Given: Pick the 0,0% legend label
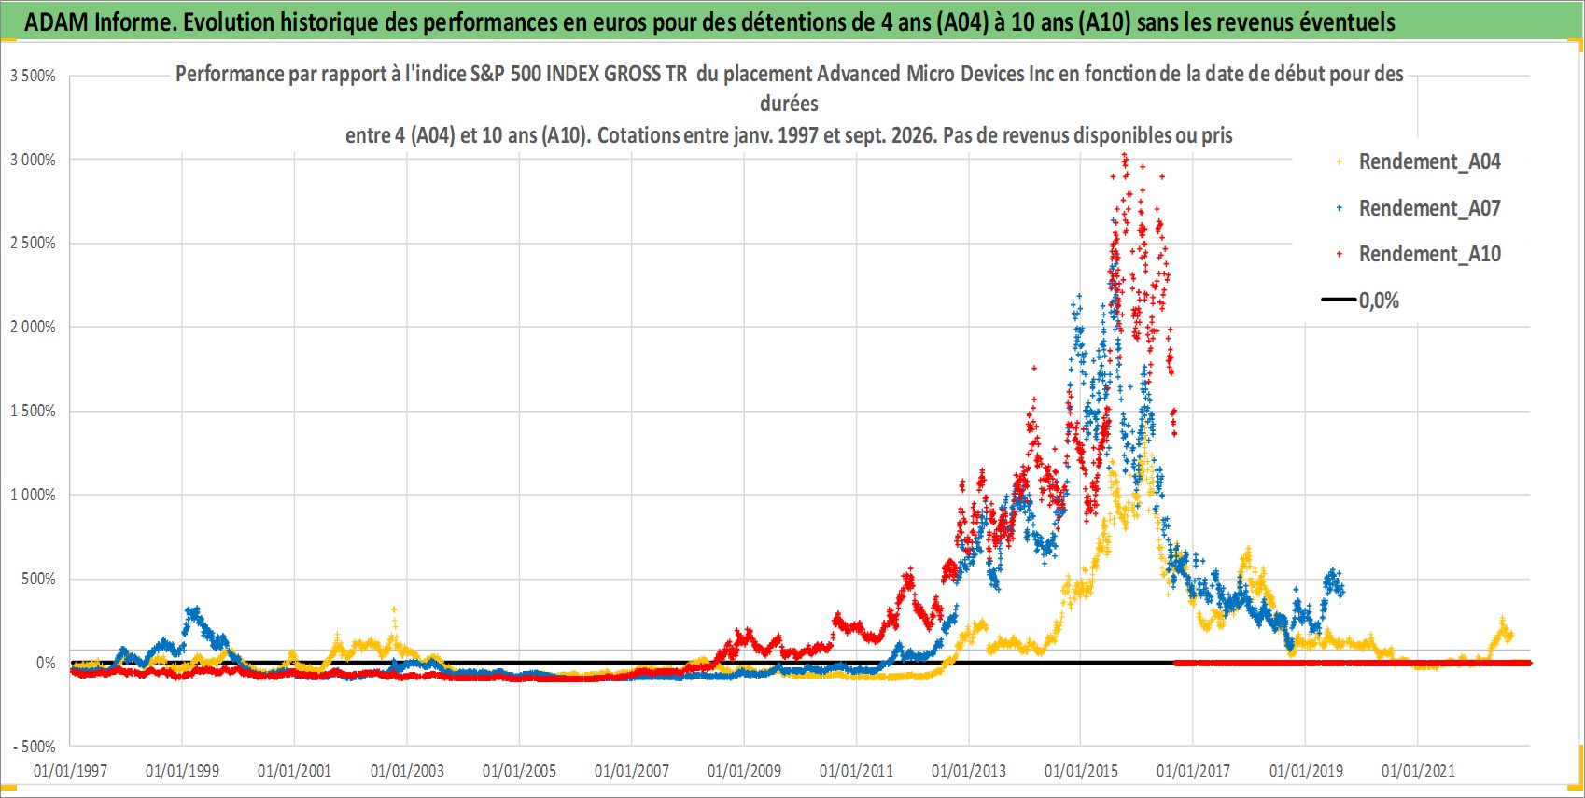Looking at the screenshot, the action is (x=1379, y=301).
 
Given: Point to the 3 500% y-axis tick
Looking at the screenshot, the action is (x=33, y=76).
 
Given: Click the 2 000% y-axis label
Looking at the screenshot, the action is (x=33, y=327).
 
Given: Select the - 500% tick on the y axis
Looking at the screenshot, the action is (x=34, y=747).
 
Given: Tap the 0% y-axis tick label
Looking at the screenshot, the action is (x=46, y=663).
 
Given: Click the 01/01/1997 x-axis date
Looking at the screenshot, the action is (x=70, y=770).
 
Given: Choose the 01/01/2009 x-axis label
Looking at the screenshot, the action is (x=744, y=770).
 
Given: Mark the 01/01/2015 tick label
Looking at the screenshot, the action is (x=1081, y=770).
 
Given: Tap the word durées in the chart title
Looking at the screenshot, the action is (x=789, y=104).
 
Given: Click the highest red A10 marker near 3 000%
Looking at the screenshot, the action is (x=1125, y=156).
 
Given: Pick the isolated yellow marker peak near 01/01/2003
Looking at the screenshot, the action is (x=394, y=609).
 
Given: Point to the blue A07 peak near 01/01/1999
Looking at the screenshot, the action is (x=192, y=609).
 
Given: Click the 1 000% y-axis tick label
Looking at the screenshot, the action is (x=33, y=496).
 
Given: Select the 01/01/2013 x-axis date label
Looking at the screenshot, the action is (x=969, y=770).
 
